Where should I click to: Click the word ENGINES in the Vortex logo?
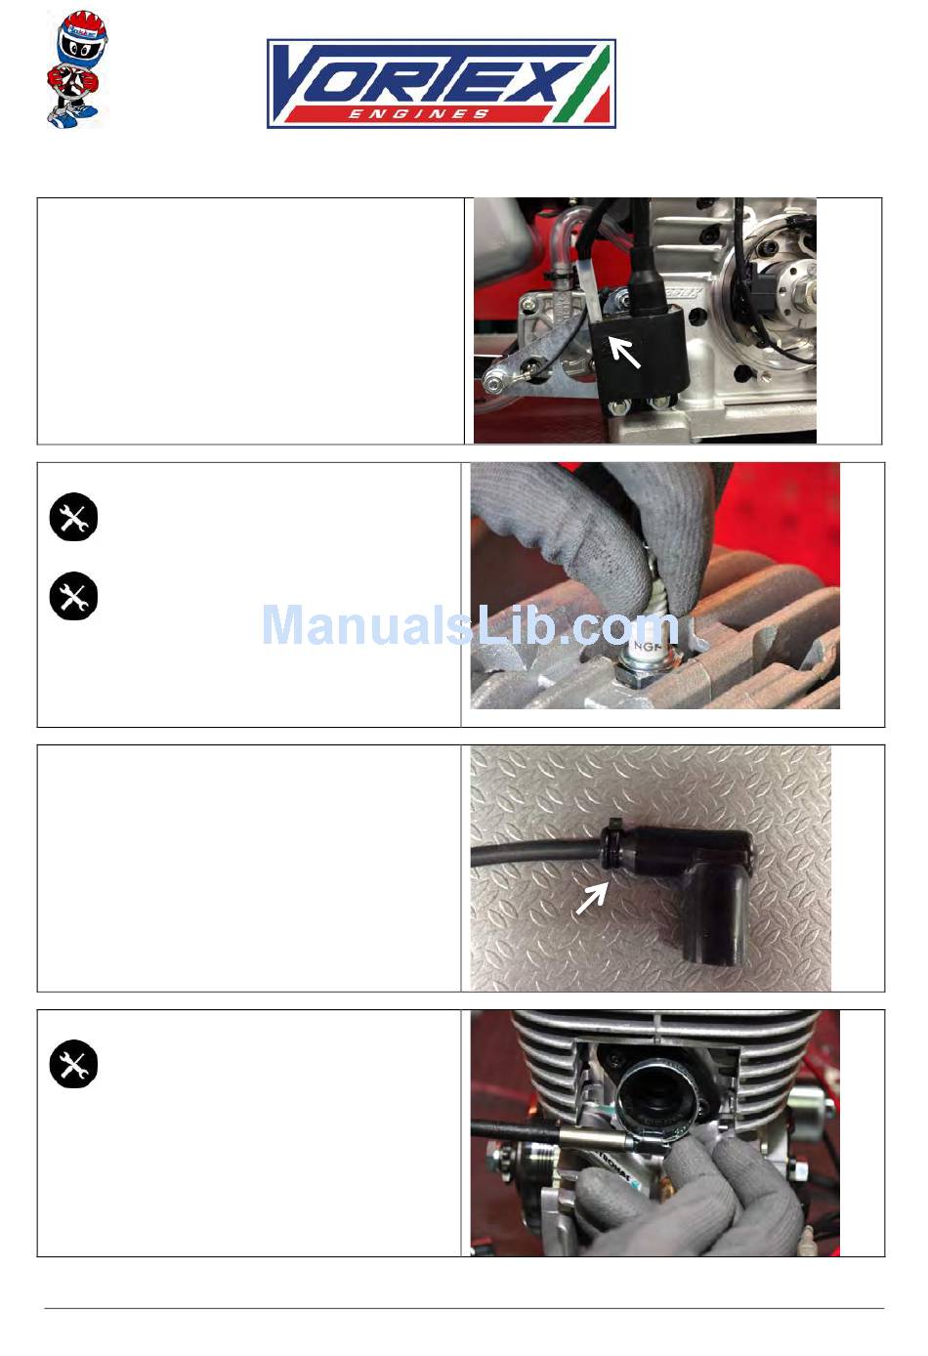419,113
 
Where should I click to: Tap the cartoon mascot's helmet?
82,35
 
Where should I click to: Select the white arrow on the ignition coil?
624,353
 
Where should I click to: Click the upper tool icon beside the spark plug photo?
73,517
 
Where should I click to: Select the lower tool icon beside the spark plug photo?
73,596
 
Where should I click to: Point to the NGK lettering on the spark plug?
647,647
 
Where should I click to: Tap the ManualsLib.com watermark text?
472,624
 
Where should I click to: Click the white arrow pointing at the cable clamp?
592,898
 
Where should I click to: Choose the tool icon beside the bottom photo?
73,1064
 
